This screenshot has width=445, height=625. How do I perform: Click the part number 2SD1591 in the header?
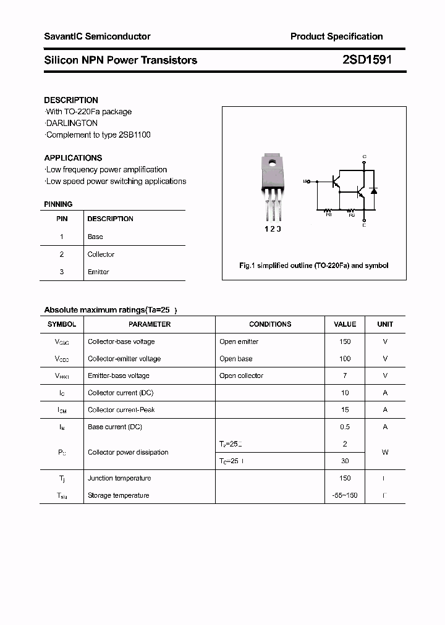click(x=367, y=60)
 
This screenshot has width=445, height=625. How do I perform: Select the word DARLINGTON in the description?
click(x=72, y=123)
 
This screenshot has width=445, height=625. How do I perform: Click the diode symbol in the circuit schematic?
click(x=374, y=191)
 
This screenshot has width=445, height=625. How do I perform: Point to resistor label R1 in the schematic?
click(x=328, y=214)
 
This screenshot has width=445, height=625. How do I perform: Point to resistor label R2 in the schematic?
click(x=352, y=214)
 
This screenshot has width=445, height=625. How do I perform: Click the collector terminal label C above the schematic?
click(x=364, y=156)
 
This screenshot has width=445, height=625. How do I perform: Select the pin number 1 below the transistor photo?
click(x=267, y=229)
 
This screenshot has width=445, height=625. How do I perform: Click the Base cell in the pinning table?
click(x=95, y=237)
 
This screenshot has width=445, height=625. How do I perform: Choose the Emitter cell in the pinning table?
click(x=98, y=272)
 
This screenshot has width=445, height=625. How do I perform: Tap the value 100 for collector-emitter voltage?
click(x=345, y=359)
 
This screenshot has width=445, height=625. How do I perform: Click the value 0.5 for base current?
click(x=345, y=427)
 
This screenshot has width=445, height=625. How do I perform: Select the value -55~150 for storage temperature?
click(x=345, y=495)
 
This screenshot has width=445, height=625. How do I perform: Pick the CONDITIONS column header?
click(x=270, y=324)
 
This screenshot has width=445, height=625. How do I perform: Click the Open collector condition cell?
click(x=241, y=375)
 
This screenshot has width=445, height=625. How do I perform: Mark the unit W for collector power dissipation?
click(x=385, y=452)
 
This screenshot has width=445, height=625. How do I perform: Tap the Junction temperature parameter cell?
click(x=119, y=478)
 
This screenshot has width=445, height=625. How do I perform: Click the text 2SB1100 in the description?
click(x=134, y=135)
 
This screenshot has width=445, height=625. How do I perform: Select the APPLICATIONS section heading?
click(x=73, y=157)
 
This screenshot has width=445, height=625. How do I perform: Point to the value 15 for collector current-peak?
click(x=345, y=409)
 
